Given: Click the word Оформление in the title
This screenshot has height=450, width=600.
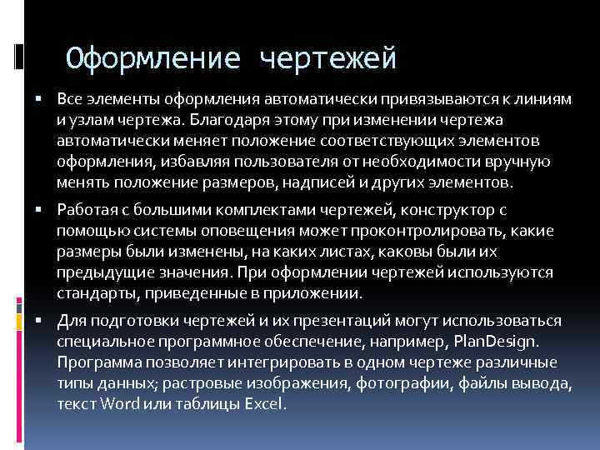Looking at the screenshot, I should click(154, 59).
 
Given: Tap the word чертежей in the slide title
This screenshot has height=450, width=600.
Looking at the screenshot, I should click(328, 59).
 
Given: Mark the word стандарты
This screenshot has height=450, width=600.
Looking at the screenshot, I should click(91, 292).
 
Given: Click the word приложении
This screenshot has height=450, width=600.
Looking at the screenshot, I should click(317, 292).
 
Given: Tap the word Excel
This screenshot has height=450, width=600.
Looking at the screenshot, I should click(266, 404).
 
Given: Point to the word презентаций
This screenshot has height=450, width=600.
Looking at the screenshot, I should click(329, 321).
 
